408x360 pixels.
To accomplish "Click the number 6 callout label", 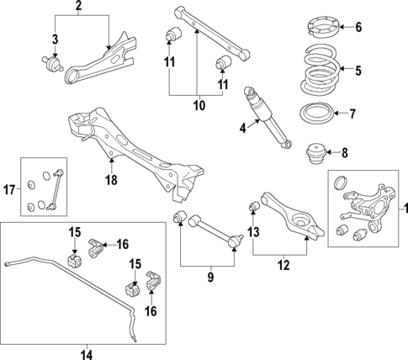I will click(358, 27).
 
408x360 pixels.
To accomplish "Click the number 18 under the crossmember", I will click(111, 178).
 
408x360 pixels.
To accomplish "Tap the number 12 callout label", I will click(282, 264).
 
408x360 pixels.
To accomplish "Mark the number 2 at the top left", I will click(78, 8).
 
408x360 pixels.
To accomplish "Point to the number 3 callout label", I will click(55, 39).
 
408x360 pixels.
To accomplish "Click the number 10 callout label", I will click(198, 107).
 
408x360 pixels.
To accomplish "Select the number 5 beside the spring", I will click(358, 71).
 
